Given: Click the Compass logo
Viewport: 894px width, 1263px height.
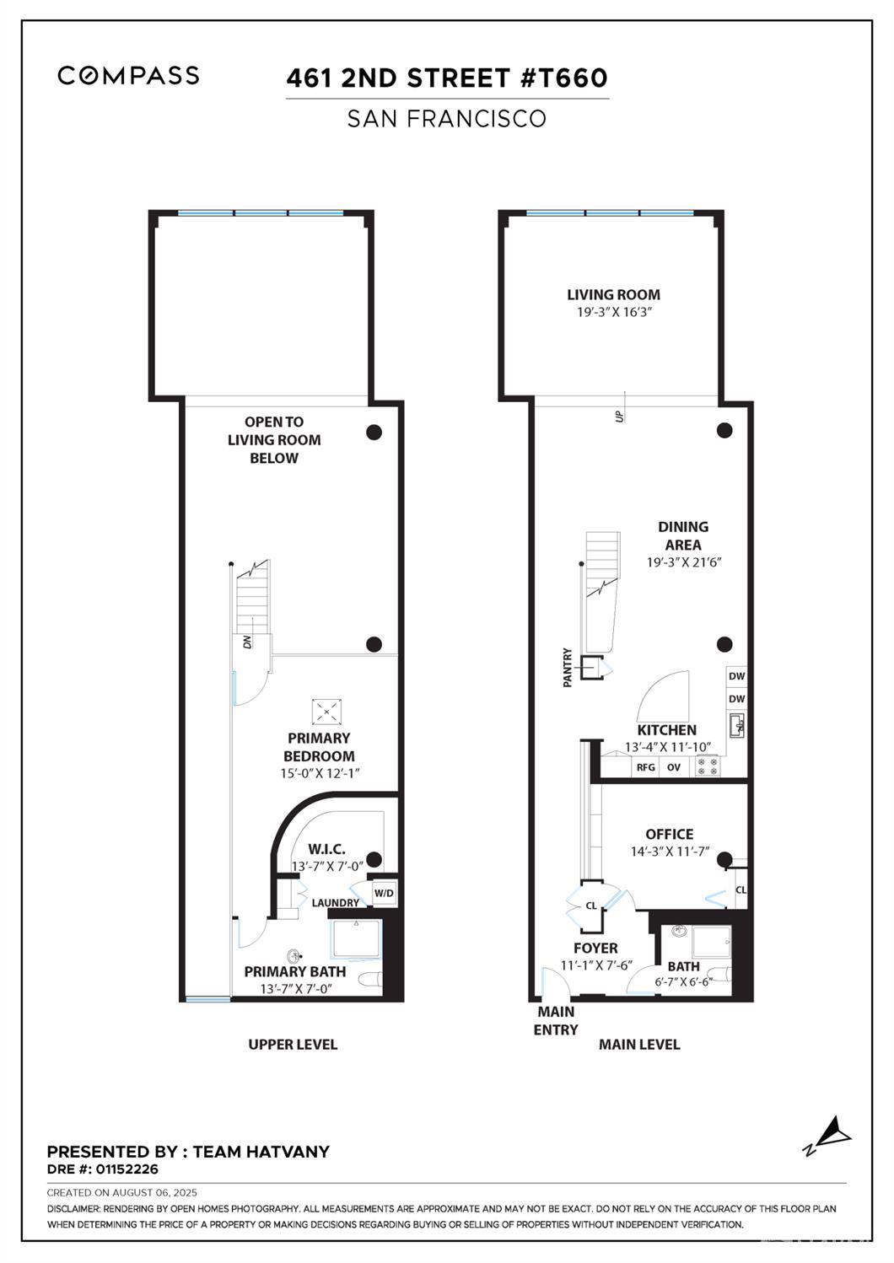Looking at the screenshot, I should pyautogui.click(x=128, y=75).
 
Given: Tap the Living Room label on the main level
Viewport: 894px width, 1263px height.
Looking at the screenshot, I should pyautogui.click(x=613, y=295).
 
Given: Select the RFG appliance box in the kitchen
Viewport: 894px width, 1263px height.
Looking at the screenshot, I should pyautogui.click(x=646, y=767).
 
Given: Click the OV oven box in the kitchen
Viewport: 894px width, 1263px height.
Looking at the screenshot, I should pyautogui.click(x=674, y=767).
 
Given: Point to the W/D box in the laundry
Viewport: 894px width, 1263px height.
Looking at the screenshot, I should pyautogui.click(x=384, y=893).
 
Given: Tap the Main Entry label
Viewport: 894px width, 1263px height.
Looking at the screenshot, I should pyautogui.click(x=556, y=1020).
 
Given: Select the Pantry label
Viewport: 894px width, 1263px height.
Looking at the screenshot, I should pyautogui.click(x=568, y=667).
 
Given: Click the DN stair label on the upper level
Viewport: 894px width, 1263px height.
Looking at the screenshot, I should pyautogui.click(x=247, y=642).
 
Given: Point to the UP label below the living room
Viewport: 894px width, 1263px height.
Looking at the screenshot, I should pyautogui.click(x=620, y=416).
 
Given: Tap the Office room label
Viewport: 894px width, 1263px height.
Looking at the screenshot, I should pyautogui.click(x=670, y=834).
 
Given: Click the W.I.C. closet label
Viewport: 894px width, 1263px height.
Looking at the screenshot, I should pyautogui.click(x=326, y=849).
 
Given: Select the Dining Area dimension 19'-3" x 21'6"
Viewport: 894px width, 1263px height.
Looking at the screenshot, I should pyautogui.click(x=685, y=562).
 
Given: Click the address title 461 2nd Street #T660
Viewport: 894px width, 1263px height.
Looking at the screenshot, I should pyautogui.click(x=447, y=78).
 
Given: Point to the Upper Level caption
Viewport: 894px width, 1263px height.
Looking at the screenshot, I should pyautogui.click(x=293, y=1045).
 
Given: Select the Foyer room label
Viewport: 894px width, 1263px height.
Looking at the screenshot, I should pyautogui.click(x=595, y=949).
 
